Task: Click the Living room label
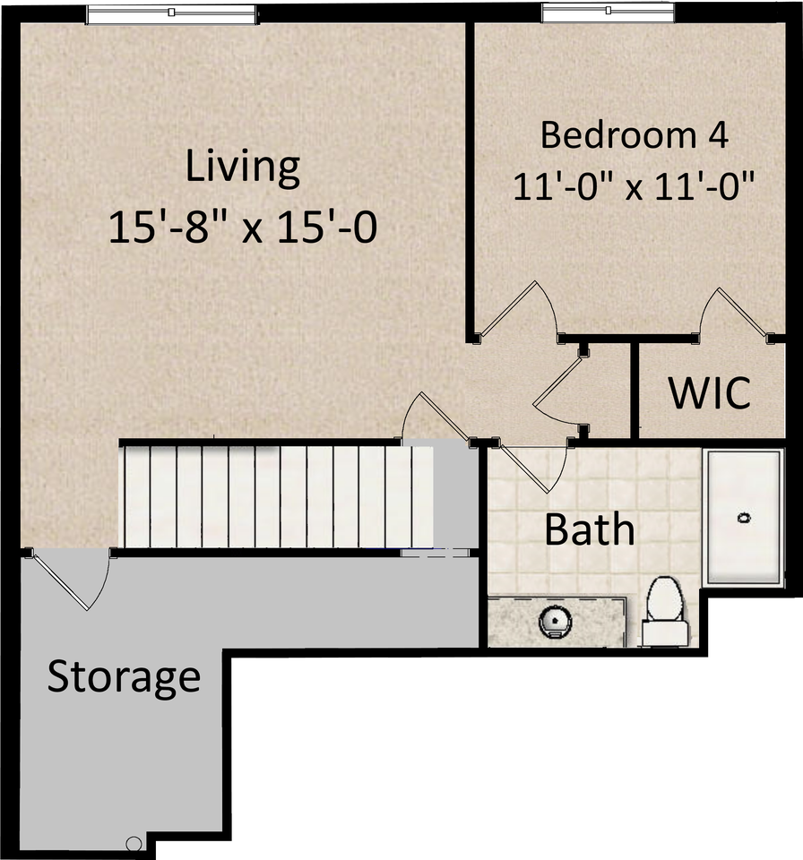pos(242,168)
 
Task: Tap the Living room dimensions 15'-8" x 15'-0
pos(242,228)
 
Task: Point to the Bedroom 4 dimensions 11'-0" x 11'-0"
pos(635,188)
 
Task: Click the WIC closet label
pos(710,393)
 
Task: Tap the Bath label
pos(590,529)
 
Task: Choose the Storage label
pos(124,676)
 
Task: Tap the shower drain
pos(743,518)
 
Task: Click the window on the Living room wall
pos(171,13)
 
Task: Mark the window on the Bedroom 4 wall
pos(608,12)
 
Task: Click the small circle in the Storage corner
pos(134,843)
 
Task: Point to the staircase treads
pos(278,496)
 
